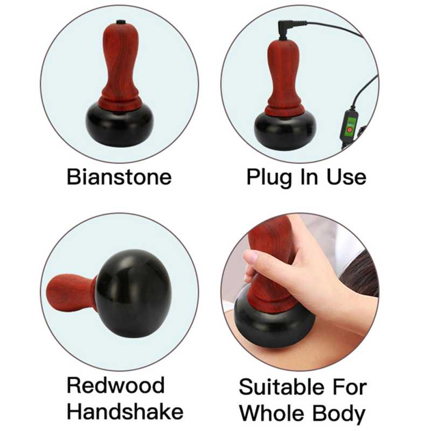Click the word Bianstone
119,177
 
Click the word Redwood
115,386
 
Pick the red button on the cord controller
349,130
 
